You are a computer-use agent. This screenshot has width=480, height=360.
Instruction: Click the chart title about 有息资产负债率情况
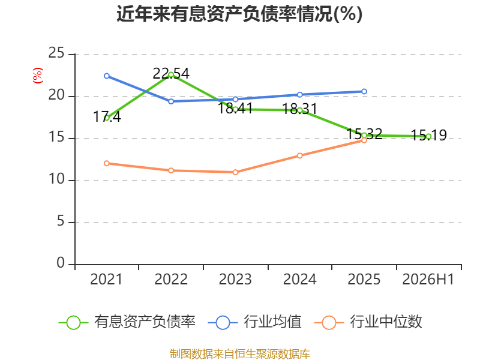point(239,14)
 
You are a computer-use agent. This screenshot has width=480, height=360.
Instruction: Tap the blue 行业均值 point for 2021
point(107,76)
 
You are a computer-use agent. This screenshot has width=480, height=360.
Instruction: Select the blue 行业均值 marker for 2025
point(364,92)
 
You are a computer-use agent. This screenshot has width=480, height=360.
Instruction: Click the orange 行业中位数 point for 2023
point(235,172)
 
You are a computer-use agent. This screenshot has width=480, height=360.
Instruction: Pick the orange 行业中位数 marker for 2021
point(107,163)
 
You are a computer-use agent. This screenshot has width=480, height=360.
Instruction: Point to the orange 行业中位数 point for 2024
point(299,156)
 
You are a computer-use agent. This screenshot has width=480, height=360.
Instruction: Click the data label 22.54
point(171,74)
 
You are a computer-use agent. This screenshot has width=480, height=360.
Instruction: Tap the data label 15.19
point(428,136)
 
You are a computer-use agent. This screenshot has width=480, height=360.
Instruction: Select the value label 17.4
point(107,116)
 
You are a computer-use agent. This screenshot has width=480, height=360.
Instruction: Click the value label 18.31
point(299,109)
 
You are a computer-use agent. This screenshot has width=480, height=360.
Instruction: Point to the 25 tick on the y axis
point(56,53)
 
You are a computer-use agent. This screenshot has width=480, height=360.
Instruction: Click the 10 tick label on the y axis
point(56,179)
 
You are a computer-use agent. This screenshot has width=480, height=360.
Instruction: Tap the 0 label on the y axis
point(61,263)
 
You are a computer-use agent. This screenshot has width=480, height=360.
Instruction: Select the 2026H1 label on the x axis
point(428,280)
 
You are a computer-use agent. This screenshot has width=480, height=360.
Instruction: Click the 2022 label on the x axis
point(171,280)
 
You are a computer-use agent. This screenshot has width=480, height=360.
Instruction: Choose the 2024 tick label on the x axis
point(299,280)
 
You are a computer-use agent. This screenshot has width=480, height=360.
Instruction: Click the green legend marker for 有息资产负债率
point(73,323)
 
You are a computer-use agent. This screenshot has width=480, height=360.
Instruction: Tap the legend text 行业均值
point(272,322)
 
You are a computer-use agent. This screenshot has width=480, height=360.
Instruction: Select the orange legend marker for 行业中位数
point(329,323)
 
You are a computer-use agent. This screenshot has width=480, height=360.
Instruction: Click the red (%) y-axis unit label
point(38,76)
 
